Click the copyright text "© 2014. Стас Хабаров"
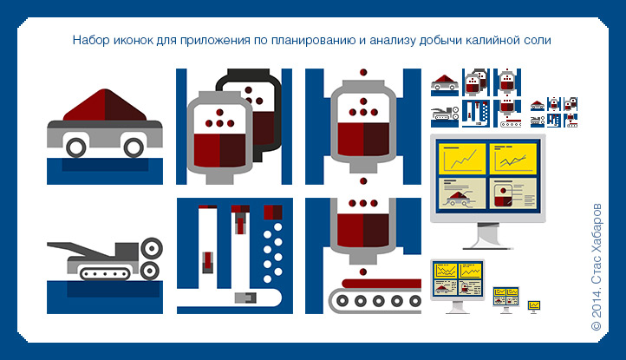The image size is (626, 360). (x=597, y=267)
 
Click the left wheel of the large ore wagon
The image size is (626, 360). (x=75, y=147)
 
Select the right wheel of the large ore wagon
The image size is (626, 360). (x=134, y=147)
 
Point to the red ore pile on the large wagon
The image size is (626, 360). (x=105, y=105)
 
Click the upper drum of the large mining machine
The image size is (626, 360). (x=152, y=248)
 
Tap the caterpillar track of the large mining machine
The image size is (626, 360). (x=105, y=274)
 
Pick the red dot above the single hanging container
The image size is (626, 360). (x=363, y=72)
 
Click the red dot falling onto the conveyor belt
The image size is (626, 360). (x=363, y=272)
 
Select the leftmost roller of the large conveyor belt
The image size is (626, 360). (x=342, y=301)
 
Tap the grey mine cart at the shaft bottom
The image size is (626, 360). (x=245, y=298)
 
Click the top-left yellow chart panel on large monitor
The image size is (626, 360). (x=462, y=159)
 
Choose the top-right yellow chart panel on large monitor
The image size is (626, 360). (x=512, y=159)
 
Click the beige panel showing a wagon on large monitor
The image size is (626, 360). (x=462, y=193)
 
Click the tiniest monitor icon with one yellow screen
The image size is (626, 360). (x=534, y=307)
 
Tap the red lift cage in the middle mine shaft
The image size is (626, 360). (x=240, y=223)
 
